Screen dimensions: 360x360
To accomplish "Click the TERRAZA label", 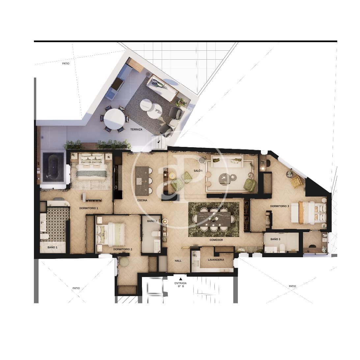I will [136, 129].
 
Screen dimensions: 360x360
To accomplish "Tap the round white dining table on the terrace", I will [114, 119].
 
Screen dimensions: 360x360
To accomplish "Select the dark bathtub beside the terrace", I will [53, 167].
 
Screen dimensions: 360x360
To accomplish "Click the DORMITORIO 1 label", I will [89, 208].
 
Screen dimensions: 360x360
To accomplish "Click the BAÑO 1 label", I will [52, 247].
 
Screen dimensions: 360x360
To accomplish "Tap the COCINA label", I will [142, 200].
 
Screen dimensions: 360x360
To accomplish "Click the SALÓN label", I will [198, 171].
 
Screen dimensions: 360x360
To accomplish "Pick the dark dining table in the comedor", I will [213, 218].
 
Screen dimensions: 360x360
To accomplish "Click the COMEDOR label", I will [216, 240].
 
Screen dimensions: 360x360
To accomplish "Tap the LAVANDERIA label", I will [216, 260].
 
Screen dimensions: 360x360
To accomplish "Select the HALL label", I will [178, 261].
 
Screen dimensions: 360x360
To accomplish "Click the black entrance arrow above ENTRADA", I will [180, 279].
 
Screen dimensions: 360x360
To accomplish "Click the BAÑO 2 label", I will [152, 221].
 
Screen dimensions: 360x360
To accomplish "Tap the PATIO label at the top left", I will [66, 63].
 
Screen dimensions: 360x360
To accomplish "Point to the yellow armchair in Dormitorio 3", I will [296, 182].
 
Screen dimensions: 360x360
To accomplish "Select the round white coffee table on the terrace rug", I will [151, 109].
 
